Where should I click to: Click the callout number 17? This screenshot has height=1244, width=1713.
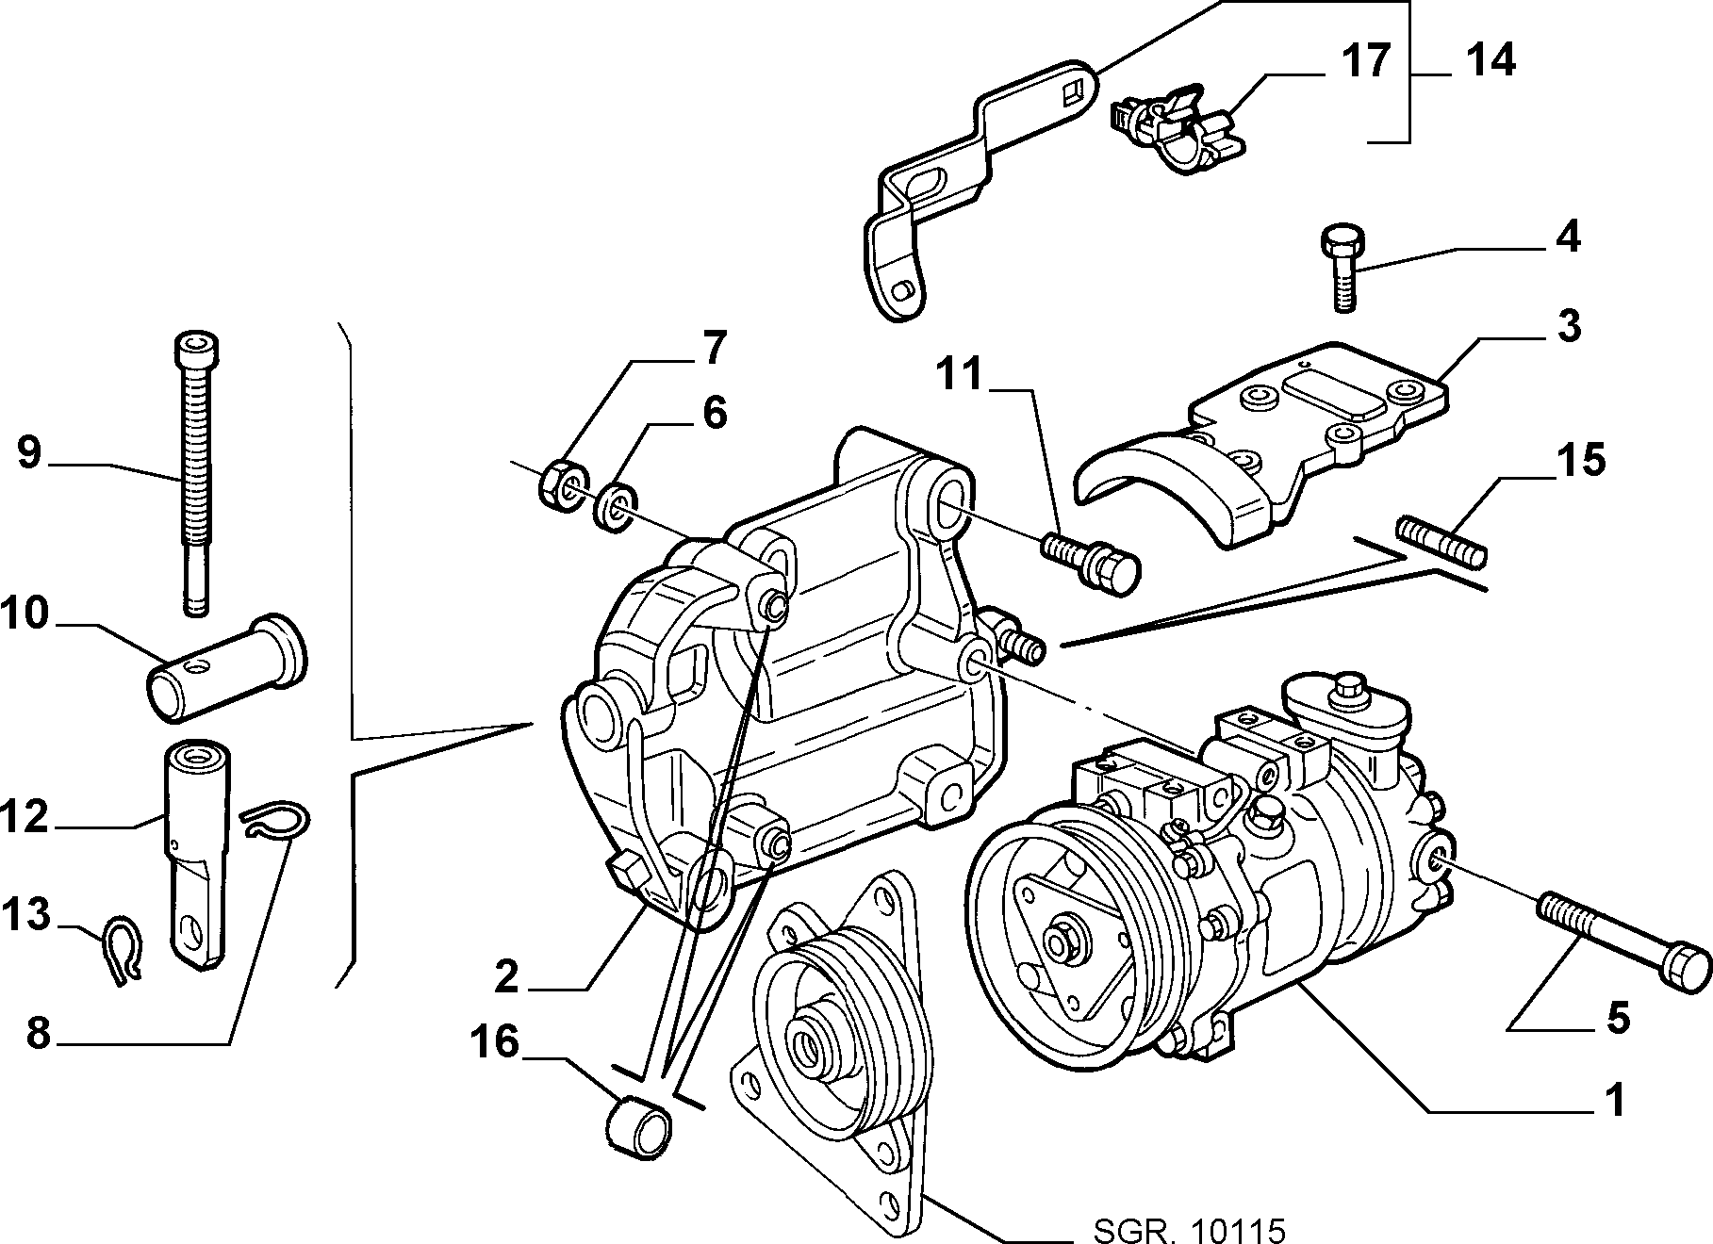(1366, 61)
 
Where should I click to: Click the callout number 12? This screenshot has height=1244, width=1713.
(25, 815)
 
